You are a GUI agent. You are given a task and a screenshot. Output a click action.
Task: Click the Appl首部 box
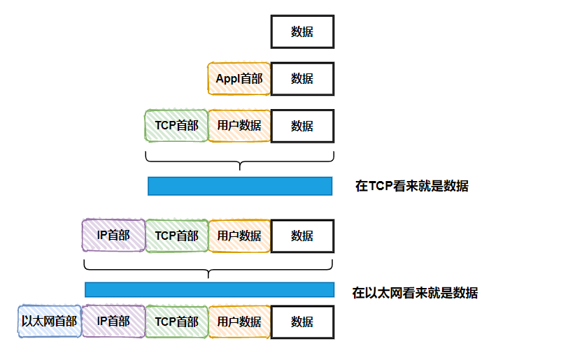(239, 79)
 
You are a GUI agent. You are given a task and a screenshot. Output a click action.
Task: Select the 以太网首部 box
(50, 322)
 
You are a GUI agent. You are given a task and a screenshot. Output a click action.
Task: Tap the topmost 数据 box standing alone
(302, 32)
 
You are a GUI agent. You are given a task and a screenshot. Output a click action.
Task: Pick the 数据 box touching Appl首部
(302, 79)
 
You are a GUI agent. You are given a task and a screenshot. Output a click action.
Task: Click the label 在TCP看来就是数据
(411, 186)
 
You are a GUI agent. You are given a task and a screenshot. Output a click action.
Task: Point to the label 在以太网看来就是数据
(415, 293)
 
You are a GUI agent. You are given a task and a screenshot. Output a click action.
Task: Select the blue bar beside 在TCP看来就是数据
(240, 186)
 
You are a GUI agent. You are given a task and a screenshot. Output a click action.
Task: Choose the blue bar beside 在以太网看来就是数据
(209, 289)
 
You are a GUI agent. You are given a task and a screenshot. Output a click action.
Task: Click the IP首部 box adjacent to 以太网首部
(113, 322)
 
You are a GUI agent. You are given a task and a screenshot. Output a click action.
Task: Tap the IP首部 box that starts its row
(113, 236)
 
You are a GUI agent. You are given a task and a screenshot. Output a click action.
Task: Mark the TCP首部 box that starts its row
(176, 126)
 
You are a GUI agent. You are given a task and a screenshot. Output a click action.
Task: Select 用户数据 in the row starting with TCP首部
(239, 126)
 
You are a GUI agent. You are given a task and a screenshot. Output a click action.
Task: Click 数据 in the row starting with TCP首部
(302, 126)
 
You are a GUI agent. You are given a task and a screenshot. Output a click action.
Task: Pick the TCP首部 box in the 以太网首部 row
(176, 322)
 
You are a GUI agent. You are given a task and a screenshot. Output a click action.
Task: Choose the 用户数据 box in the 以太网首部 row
(239, 322)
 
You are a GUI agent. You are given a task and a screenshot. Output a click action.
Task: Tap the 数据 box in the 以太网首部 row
(302, 322)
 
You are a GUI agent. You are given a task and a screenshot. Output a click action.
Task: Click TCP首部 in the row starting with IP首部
(176, 236)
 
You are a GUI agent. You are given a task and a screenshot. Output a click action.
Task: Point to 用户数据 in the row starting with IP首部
(239, 236)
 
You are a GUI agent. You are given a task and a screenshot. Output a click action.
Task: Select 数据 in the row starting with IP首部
(302, 236)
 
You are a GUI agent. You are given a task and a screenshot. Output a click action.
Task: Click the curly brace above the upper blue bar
(240, 161)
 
